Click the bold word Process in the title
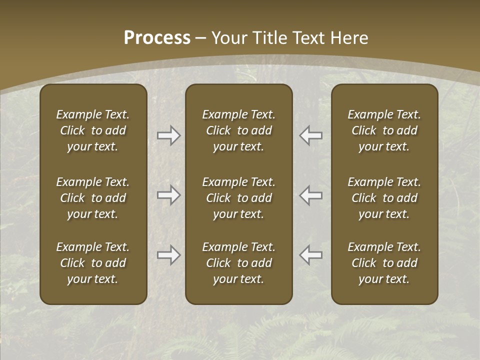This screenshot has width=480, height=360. coord(157,38)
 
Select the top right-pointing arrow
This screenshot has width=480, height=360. coord(168,135)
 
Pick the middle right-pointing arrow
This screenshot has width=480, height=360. coord(168,195)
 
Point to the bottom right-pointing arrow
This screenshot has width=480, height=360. coord(168,255)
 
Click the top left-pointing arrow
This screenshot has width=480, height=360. coord(311,135)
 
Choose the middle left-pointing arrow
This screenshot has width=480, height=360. coord(311,195)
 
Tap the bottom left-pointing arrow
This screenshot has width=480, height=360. coord(311,255)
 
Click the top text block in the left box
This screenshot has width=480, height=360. coord(93,130)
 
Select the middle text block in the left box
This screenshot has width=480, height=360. coord(93,198)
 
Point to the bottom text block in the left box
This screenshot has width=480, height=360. coord(93,263)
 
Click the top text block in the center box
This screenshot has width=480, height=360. coord(238,130)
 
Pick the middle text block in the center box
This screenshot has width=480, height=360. coord(238,198)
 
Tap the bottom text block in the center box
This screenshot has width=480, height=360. coord(238,263)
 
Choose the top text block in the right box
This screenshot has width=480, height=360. coord(384,130)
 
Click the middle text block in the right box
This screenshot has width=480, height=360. coord(384,198)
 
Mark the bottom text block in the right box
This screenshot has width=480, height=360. coord(384,263)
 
